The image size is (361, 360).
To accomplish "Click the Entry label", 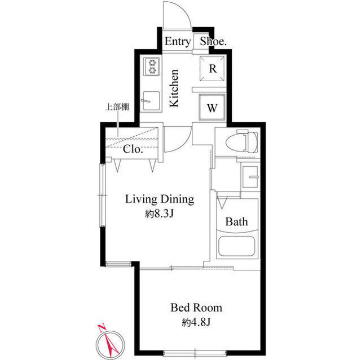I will point(177,42).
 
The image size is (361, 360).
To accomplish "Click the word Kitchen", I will point(175,88).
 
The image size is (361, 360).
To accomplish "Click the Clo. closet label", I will point(133,150).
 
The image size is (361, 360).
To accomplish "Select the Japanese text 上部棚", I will point(115,107).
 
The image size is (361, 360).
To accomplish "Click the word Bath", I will point(237,222).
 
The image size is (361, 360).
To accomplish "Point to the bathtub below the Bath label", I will point(237,248).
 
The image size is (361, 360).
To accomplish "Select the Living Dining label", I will point(159,199).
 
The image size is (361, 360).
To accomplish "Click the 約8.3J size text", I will point(159,214).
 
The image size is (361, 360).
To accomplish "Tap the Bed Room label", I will point(196,308).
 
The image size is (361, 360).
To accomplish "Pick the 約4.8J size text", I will point(196,322).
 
